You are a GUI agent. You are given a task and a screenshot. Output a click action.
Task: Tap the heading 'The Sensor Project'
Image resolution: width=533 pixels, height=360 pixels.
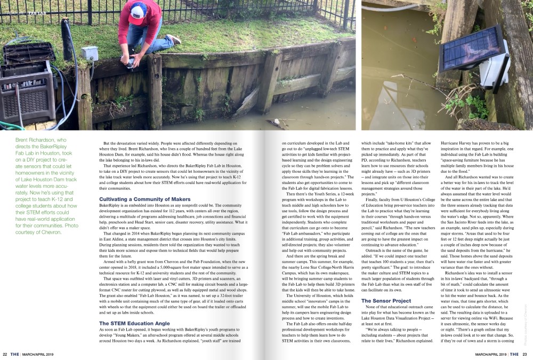pos(386,301)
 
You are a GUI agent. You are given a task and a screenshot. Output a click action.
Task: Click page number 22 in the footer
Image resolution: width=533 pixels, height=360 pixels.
pos(4,354)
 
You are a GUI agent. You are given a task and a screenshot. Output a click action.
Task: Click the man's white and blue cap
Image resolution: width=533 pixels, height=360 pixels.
pos(138,10)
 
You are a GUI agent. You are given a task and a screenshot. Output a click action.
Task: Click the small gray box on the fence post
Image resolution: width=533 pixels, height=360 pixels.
pos(90,53)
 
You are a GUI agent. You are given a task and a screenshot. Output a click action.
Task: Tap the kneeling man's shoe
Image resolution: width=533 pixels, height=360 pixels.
pos(174,39)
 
